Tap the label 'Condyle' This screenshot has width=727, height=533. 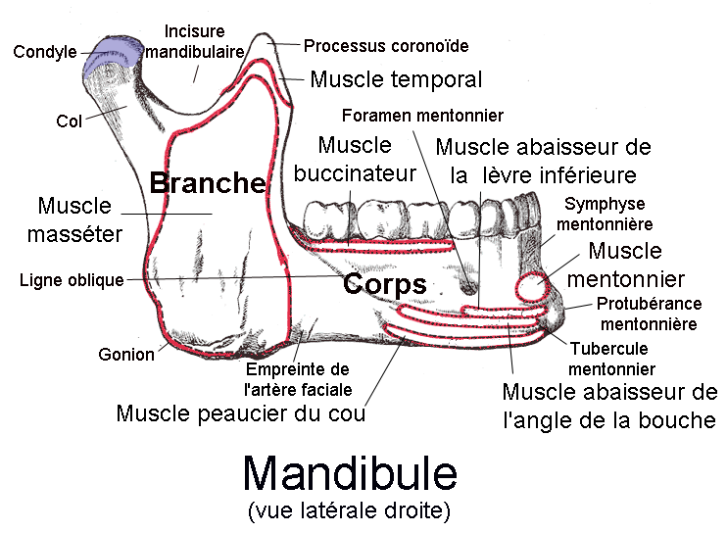[x=44, y=52]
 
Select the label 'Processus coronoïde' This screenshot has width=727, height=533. [x=386, y=46]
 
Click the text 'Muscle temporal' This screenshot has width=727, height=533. [x=396, y=78]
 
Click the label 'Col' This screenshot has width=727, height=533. [x=69, y=122]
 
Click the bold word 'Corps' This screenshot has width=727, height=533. [x=384, y=285]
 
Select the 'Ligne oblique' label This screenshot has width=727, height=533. [x=72, y=280]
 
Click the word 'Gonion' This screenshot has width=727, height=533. [x=126, y=355]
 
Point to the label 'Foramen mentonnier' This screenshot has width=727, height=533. [x=423, y=116]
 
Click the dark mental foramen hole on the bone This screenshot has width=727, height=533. [x=470, y=289]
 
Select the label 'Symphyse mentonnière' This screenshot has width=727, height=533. [x=606, y=214]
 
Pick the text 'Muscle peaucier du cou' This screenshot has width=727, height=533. [x=241, y=412]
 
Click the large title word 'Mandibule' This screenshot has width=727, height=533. [x=350, y=473]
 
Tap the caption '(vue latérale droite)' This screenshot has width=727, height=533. [x=349, y=509]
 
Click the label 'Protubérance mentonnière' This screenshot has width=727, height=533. [x=648, y=314]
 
